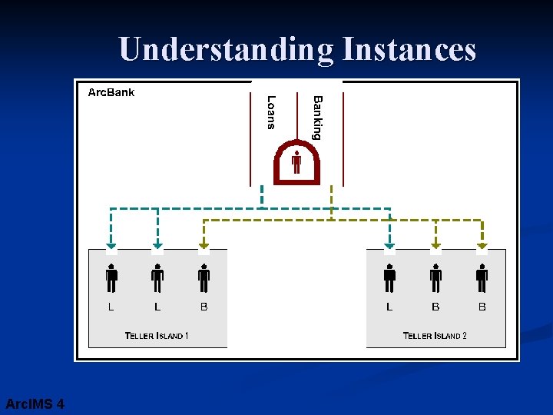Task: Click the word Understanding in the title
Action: click(226, 50)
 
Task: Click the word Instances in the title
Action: click(409, 50)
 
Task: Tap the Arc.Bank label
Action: click(111, 92)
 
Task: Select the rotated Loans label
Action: click(270, 112)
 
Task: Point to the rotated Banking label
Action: click(317, 117)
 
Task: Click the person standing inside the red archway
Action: click(296, 163)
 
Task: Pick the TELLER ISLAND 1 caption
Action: click(157, 335)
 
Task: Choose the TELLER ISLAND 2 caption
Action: click(435, 335)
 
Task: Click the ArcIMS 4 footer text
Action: click(35, 403)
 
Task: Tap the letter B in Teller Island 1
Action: click(204, 307)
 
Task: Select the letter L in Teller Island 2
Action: click(389, 307)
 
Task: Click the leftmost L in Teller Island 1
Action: click(111, 307)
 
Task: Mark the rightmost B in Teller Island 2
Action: click(482, 307)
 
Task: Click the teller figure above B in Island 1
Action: click(204, 277)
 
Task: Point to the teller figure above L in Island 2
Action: click(389, 277)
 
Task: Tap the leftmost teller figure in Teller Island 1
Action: click(111, 277)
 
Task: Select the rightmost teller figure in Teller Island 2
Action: click(482, 277)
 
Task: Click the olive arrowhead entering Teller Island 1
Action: click(204, 247)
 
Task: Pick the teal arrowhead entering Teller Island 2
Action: click(389, 247)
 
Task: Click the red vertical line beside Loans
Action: click(251, 138)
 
